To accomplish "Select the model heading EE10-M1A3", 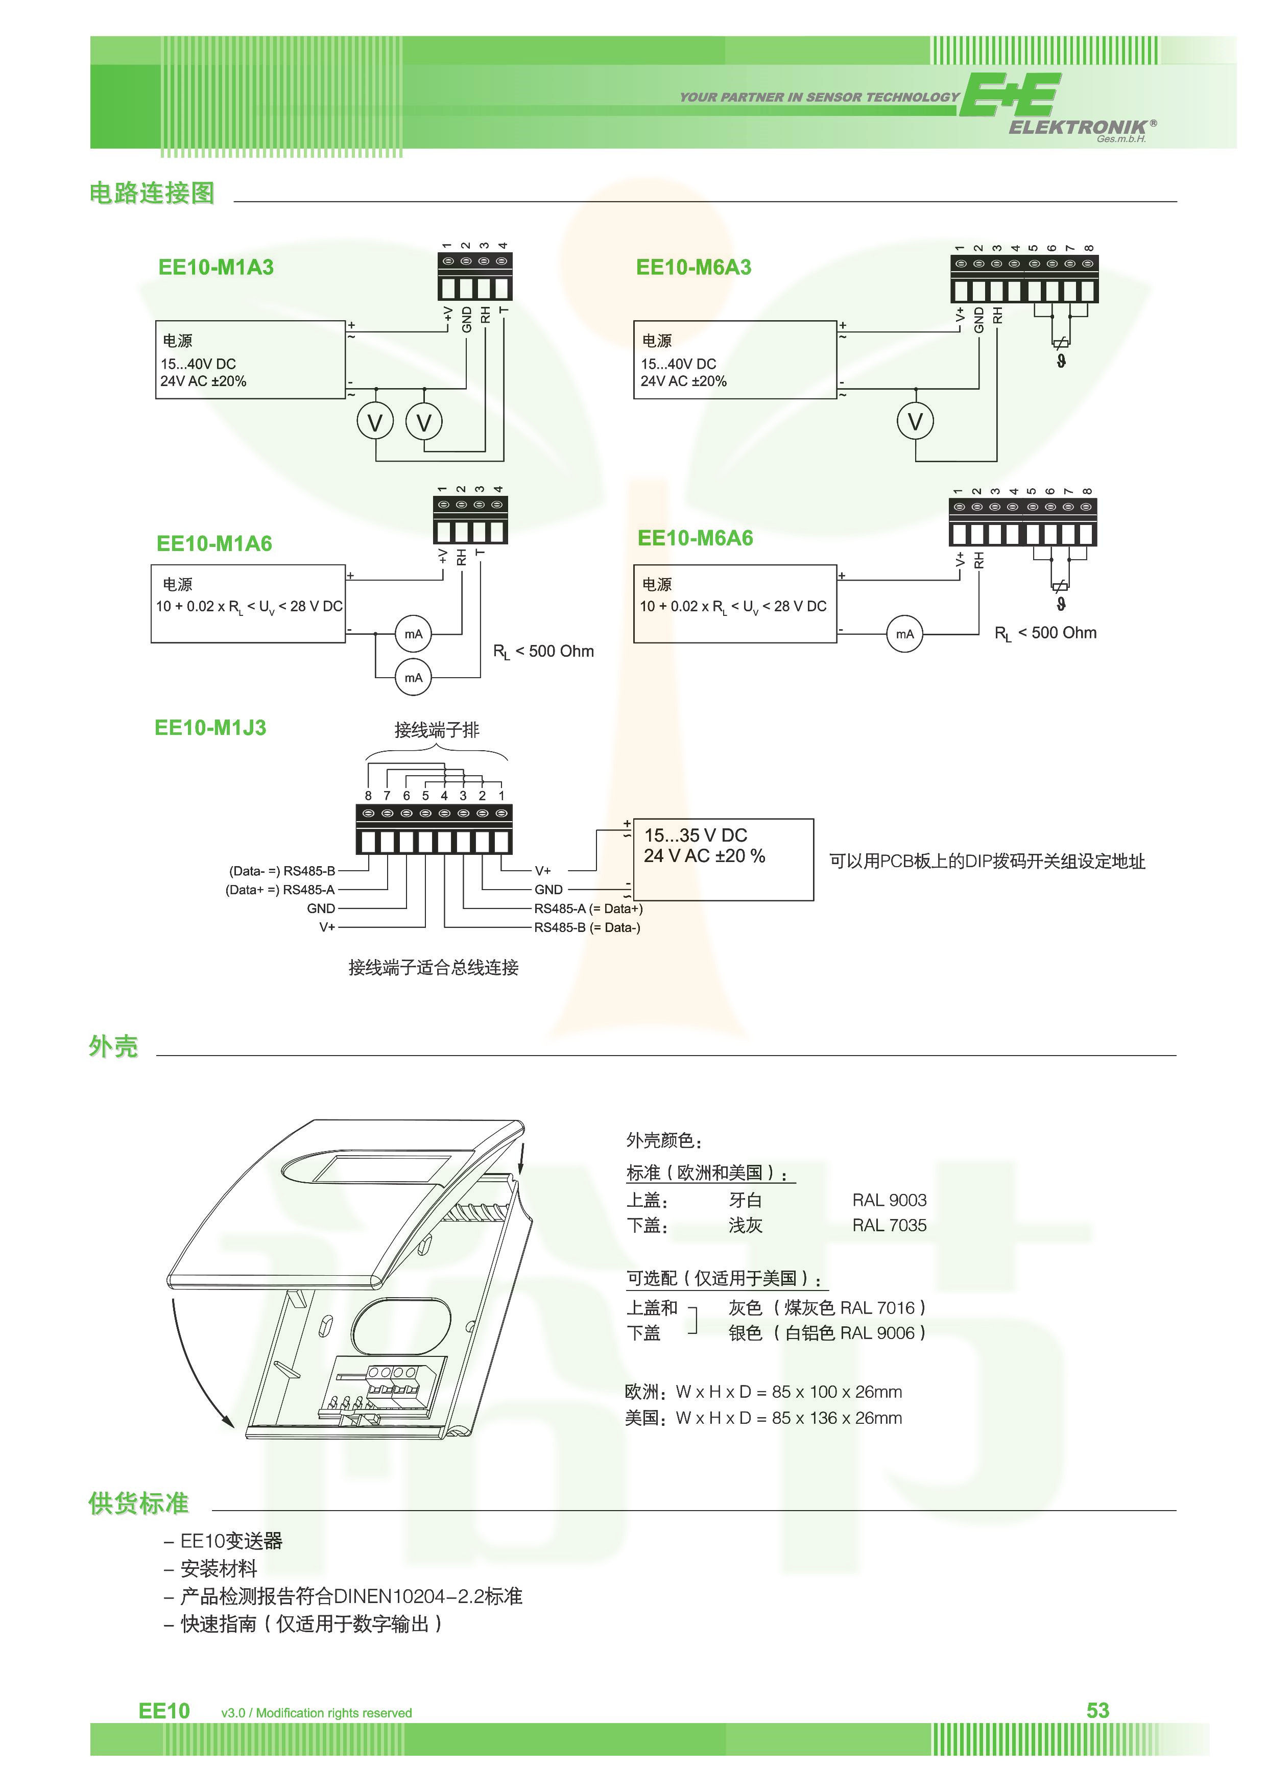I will pos(216,268).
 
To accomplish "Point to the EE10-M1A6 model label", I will pos(214,543).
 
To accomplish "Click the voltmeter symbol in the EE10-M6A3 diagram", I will pos(915,421).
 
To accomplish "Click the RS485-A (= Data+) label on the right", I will pos(588,909).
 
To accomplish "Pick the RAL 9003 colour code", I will pos(889,1201).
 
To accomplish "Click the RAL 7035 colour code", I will pos(889,1225).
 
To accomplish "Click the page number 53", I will pos(1097,1710).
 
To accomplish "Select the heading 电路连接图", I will pos(152,193).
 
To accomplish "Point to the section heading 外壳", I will pos(113,1046).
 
